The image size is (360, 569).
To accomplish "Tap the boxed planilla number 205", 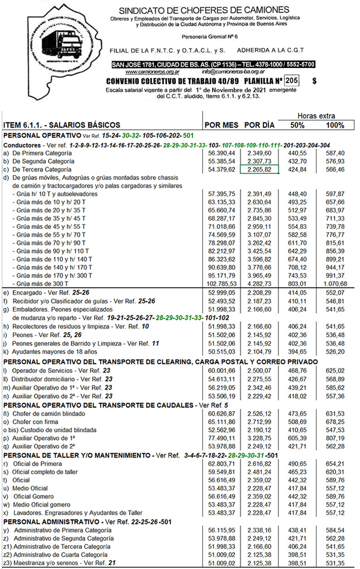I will [x=292, y=81].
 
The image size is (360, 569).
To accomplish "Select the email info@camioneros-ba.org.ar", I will [x=233, y=72].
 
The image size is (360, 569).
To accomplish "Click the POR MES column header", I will [x=221, y=125].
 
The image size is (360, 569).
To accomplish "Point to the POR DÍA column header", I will [x=259, y=125].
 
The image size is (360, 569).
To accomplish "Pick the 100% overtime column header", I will [x=335, y=125].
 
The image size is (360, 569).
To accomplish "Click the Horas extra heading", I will [x=316, y=116].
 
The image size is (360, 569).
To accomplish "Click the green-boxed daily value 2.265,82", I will [x=260, y=169].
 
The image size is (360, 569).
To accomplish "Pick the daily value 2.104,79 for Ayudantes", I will [x=260, y=351].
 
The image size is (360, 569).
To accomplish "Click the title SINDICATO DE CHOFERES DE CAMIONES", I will [x=204, y=10].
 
